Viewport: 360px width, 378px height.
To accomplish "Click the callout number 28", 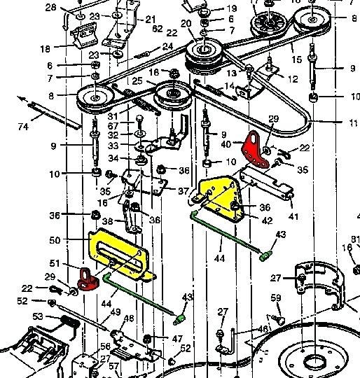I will (50, 8).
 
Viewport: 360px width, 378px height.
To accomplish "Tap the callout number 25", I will (138, 83).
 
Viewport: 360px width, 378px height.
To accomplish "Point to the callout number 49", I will (116, 312).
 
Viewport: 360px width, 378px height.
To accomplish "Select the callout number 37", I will (183, 191).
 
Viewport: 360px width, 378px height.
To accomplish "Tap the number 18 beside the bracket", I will (46, 49).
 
